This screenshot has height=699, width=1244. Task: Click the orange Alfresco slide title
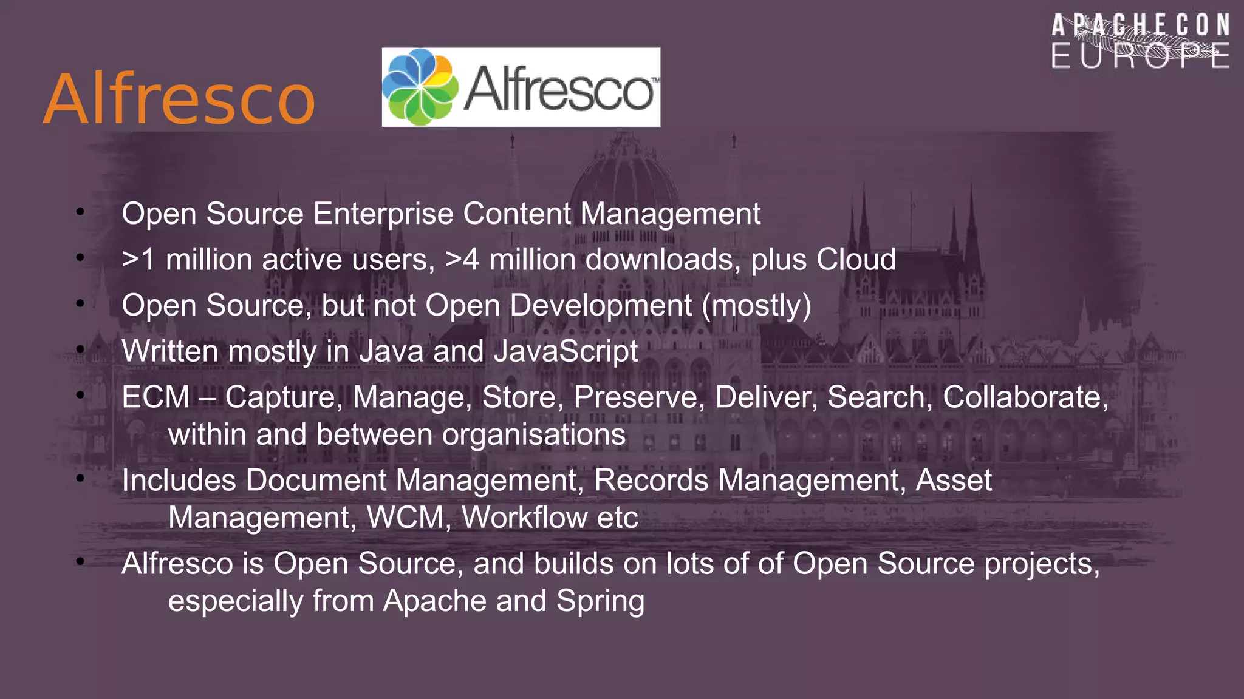pyautogui.click(x=179, y=99)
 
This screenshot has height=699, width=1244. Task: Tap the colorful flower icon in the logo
pyautogui.click(x=420, y=87)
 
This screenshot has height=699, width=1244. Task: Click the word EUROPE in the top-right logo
pyautogui.click(x=1140, y=56)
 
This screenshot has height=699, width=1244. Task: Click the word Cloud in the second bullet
pyautogui.click(x=856, y=260)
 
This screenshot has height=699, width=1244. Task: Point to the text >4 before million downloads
pyautogui.click(x=462, y=260)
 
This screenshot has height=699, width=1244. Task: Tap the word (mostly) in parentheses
pyautogui.click(x=756, y=306)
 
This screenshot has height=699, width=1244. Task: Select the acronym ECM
pyautogui.click(x=156, y=397)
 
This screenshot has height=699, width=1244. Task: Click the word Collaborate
pyautogui.click(x=1025, y=397)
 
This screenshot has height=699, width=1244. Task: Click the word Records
pyautogui.click(x=651, y=481)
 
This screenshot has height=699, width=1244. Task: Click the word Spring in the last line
pyautogui.click(x=600, y=601)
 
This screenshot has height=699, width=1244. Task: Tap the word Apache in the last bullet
pyautogui.click(x=434, y=601)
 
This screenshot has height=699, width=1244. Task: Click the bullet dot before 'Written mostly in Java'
pyautogui.click(x=80, y=349)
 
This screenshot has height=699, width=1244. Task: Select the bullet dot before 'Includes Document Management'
pyautogui.click(x=80, y=479)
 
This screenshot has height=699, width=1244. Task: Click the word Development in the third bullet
pyautogui.click(x=601, y=306)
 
